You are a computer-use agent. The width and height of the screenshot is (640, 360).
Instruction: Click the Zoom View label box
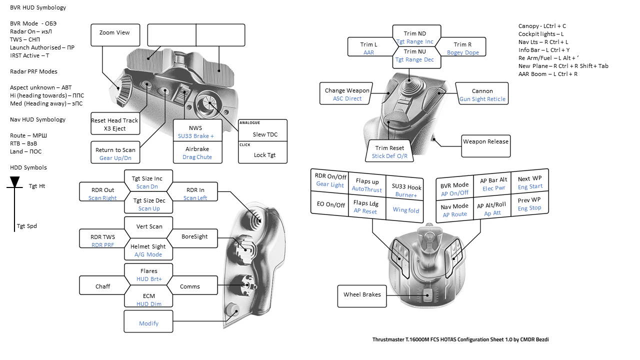pyautogui.click(x=114, y=33)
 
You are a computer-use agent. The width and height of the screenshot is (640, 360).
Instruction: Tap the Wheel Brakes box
pyautogui.click(x=362, y=294)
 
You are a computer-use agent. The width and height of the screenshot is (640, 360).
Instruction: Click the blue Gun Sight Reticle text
pyautogui.click(x=482, y=99)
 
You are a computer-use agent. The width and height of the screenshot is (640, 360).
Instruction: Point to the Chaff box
pyautogui.click(x=102, y=286)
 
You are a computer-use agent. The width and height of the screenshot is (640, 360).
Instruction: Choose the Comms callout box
pyautogui.click(x=190, y=286)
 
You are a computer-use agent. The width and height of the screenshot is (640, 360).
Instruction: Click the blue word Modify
pyautogui.click(x=148, y=323)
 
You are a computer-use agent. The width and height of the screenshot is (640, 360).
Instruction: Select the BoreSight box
pyautogui.click(x=194, y=236)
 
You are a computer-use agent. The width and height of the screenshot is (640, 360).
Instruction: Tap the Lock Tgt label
pyautogui.click(x=264, y=155)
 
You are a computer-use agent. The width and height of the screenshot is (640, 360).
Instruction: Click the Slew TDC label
pyautogui.click(x=264, y=134)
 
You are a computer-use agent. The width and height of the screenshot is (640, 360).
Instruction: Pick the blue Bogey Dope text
pyautogui.click(x=463, y=52)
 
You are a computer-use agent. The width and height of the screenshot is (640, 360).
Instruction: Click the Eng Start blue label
pyautogui.click(x=529, y=186)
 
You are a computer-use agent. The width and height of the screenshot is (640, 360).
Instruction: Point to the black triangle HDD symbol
pyautogui.click(x=15, y=181)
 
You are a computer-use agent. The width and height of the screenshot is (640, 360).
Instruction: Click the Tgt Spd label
pyautogui.click(x=27, y=226)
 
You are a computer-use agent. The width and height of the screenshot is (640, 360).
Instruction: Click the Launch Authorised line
pyautogui.click(x=42, y=47)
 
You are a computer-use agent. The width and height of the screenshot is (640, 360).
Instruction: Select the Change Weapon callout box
pyautogui.click(x=347, y=94)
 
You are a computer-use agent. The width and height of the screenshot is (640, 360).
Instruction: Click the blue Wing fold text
pyautogui.click(x=406, y=210)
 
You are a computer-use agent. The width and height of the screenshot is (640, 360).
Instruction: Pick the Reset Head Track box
pyautogui.click(x=114, y=124)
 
